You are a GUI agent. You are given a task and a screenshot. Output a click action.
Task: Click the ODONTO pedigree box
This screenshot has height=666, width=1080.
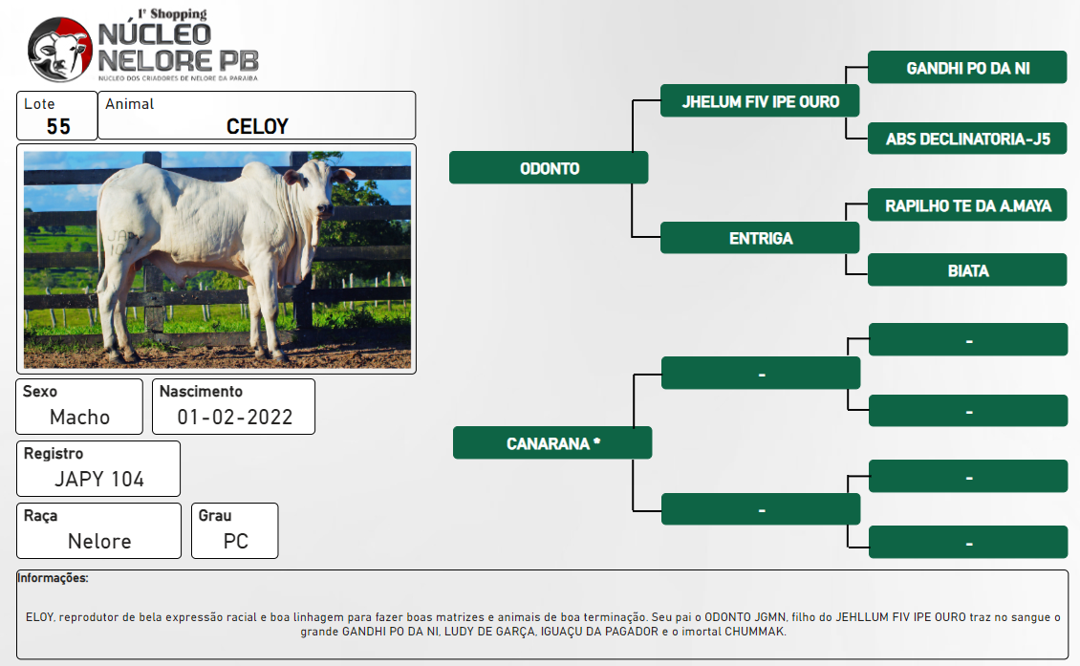(x=549, y=167)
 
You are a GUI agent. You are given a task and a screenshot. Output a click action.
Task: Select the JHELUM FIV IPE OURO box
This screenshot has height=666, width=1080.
(x=760, y=101)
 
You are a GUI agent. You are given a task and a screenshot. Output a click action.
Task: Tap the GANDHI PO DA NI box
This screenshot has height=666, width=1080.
(x=967, y=68)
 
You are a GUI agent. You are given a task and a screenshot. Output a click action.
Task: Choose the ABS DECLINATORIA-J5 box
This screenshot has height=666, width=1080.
(x=967, y=139)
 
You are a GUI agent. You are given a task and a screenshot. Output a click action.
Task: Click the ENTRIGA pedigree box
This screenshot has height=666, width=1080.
(x=760, y=238)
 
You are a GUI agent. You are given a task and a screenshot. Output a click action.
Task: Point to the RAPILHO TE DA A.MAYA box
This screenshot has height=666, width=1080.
(x=967, y=205)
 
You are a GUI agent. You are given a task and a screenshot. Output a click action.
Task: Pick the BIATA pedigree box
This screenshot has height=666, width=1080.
(x=967, y=270)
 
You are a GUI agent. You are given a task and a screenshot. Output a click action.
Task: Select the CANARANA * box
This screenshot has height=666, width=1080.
(x=552, y=442)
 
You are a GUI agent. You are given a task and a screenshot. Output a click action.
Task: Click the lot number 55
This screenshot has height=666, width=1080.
(x=58, y=127)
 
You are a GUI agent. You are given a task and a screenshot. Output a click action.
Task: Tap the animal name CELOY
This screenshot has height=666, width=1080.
(x=257, y=127)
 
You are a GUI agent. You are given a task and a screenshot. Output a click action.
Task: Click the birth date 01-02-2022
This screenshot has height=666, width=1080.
(x=235, y=417)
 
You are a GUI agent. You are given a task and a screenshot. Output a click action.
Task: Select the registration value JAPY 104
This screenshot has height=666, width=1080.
(x=99, y=479)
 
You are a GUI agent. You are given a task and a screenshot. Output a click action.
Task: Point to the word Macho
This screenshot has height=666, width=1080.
(x=80, y=417)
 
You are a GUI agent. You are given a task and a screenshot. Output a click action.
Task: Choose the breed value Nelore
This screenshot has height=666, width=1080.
(x=99, y=542)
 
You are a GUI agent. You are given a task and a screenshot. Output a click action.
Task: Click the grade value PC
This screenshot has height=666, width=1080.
(x=235, y=542)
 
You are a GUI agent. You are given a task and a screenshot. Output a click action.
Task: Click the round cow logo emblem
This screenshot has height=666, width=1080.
(x=60, y=50)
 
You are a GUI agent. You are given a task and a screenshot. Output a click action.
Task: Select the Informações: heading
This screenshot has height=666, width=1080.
(x=53, y=578)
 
